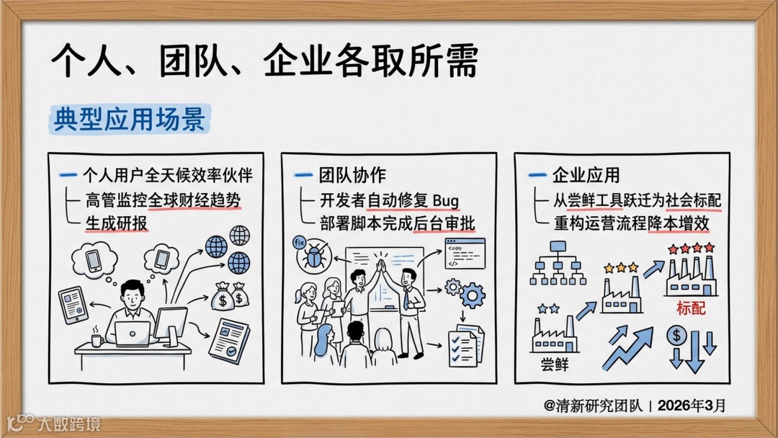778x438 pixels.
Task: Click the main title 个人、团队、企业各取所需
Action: click(x=264, y=62)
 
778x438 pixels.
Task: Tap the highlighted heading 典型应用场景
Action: click(x=130, y=119)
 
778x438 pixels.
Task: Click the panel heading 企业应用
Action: click(x=586, y=175)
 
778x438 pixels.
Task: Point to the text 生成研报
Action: click(x=116, y=223)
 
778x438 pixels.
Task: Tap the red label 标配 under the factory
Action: click(x=691, y=308)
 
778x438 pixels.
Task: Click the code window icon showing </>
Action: click(x=464, y=254)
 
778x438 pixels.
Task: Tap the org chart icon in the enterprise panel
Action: click(x=558, y=262)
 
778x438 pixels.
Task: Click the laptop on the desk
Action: click(x=133, y=334)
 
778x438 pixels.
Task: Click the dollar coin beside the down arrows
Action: click(x=677, y=335)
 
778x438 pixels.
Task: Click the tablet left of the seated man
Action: click(x=73, y=305)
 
